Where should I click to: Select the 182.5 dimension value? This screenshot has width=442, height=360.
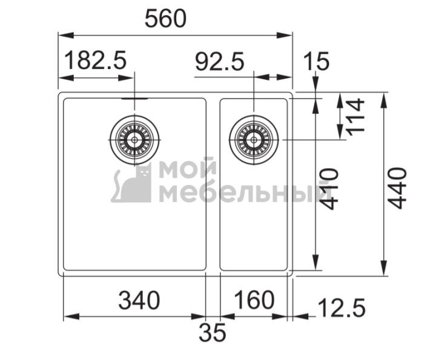95,61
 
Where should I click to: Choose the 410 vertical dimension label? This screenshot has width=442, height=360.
329,189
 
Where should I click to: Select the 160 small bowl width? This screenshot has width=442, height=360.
254,299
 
